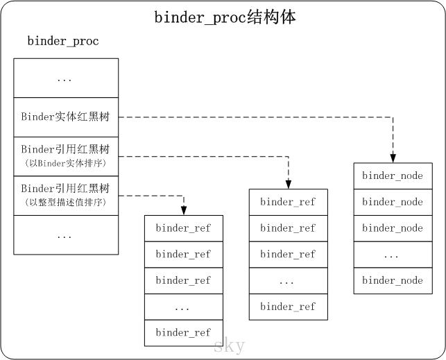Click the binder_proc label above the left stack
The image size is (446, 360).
click(x=63, y=41)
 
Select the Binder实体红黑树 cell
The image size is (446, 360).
click(x=66, y=117)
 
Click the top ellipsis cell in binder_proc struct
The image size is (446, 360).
click(x=66, y=78)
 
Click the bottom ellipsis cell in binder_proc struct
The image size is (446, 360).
click(x=66, y=235)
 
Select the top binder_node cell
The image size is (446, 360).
click(x=392, y=176)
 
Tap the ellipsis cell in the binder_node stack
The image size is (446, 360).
click(x=392, y=255)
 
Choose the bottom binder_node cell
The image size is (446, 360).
click(x=392, y=281)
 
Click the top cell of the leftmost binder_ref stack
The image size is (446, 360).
click(x=183, y=228)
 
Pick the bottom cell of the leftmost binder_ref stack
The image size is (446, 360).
click(x=183, y=333)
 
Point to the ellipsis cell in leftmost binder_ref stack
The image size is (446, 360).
click(x=183, y=307)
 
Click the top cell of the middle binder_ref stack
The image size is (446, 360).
click(x=288, y=202)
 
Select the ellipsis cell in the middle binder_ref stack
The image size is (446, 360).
click(x=288, y=281)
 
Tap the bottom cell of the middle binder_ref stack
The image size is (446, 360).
click(x=288, y=307)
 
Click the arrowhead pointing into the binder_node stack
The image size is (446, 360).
click(x=393, y=158)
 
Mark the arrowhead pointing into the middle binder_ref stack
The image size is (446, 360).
click(x=288, y=185)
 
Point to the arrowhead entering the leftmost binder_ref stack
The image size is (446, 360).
click(x=183, y=211)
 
